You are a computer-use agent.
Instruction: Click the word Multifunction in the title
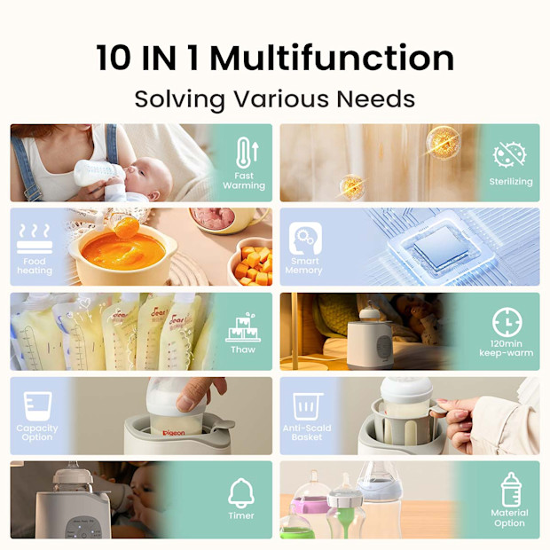(x=332, y=58)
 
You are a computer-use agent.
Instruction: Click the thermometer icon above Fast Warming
(x=247, y=153)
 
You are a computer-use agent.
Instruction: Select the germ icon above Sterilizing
(x=510, y=155)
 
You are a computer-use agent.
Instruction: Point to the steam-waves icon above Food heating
(x=35, y=239)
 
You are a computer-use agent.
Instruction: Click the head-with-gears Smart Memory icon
(x=305, y=239)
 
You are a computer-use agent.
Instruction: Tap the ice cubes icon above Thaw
(x=243, y=327)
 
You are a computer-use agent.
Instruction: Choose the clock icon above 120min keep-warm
(x=507, y=322)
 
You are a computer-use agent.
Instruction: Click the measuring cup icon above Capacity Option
(x=37, y=406)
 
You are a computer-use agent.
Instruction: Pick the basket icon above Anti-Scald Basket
(x=307, y=406)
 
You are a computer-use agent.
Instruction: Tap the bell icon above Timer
(x=241, y=493)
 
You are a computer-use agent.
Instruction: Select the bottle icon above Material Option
(x=511, y=490)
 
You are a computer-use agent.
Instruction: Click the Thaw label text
(x=243, y=350)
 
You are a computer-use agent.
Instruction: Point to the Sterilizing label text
(x=511, y=182)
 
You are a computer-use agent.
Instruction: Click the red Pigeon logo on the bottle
(x=174, y=433)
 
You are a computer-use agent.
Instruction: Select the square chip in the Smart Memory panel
(x=441, y=247)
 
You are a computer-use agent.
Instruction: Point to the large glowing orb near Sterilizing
(x=443, y=143)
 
